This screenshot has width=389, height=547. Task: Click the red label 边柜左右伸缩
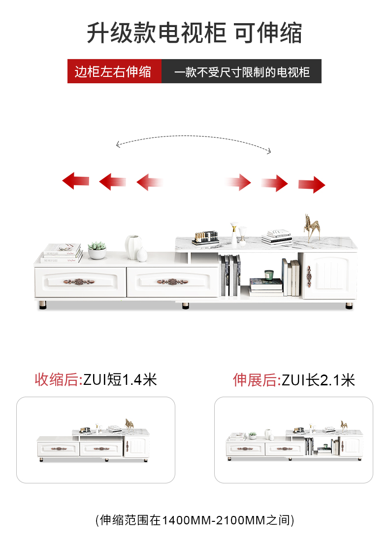pyautogui.click(x=114, y=71)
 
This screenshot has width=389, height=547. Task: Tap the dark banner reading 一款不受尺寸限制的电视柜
pyautogui.click(x=242, y=72)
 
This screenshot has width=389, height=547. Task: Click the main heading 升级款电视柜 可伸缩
pyautogui.click(x=194, y=33)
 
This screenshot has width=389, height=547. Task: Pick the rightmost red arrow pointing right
pyautogui.click(x=312, y=184)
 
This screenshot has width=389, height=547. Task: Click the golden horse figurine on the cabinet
pyautogui.click(x=311, y=227)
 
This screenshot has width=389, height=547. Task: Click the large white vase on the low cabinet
pyautogui.click(x=133, y=246)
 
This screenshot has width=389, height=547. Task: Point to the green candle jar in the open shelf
pyautogui.click(x=269, y=274)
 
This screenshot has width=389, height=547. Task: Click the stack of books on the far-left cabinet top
pyautogui.click(x=62, y=253)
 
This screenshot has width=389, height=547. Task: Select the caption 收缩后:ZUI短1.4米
pyautogui.click(x=96, y=379)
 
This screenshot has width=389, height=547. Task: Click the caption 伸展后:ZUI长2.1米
pyautogui.click(x=293, y=380)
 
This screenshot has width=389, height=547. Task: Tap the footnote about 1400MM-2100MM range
pyautogui.click(x=194, y=519)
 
